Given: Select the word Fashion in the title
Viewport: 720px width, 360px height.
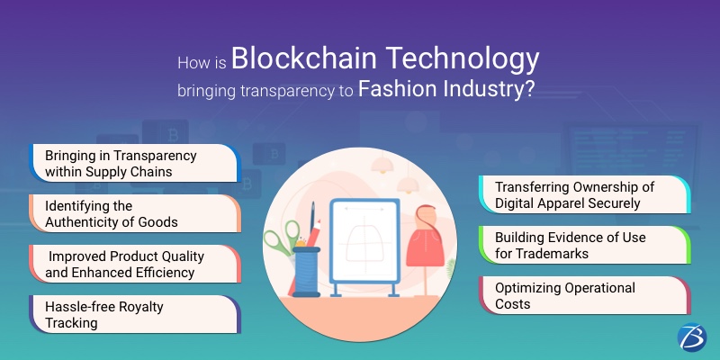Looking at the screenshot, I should point(397,89).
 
